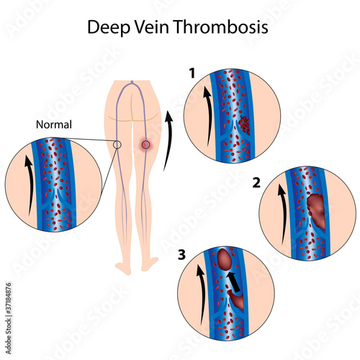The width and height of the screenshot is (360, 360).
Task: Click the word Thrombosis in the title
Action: coord(221,27)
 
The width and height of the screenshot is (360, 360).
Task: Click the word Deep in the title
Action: coord(108,28)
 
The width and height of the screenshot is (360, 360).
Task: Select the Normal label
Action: coord(54,125)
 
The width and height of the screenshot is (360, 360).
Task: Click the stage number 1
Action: coord(192,73)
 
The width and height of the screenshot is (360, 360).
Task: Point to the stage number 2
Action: coord(256,183)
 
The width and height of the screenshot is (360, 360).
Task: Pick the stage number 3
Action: coord(181,255)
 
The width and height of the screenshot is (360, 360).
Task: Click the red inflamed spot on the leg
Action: coord(145,145)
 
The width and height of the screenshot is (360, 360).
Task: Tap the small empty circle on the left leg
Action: coord(117,145)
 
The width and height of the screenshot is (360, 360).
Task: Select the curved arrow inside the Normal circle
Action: coord(30,185)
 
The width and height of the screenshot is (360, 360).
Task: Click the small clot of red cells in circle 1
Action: coord(246,124)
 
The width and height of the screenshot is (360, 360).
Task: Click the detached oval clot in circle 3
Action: coord(225,259)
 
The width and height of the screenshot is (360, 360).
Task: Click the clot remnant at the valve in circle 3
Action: coord(237,300)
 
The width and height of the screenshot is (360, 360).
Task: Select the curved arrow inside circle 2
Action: coord(283,214)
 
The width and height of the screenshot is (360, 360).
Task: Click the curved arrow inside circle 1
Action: coord(208,117)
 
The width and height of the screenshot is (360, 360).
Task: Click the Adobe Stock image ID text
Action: coord(9,318)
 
